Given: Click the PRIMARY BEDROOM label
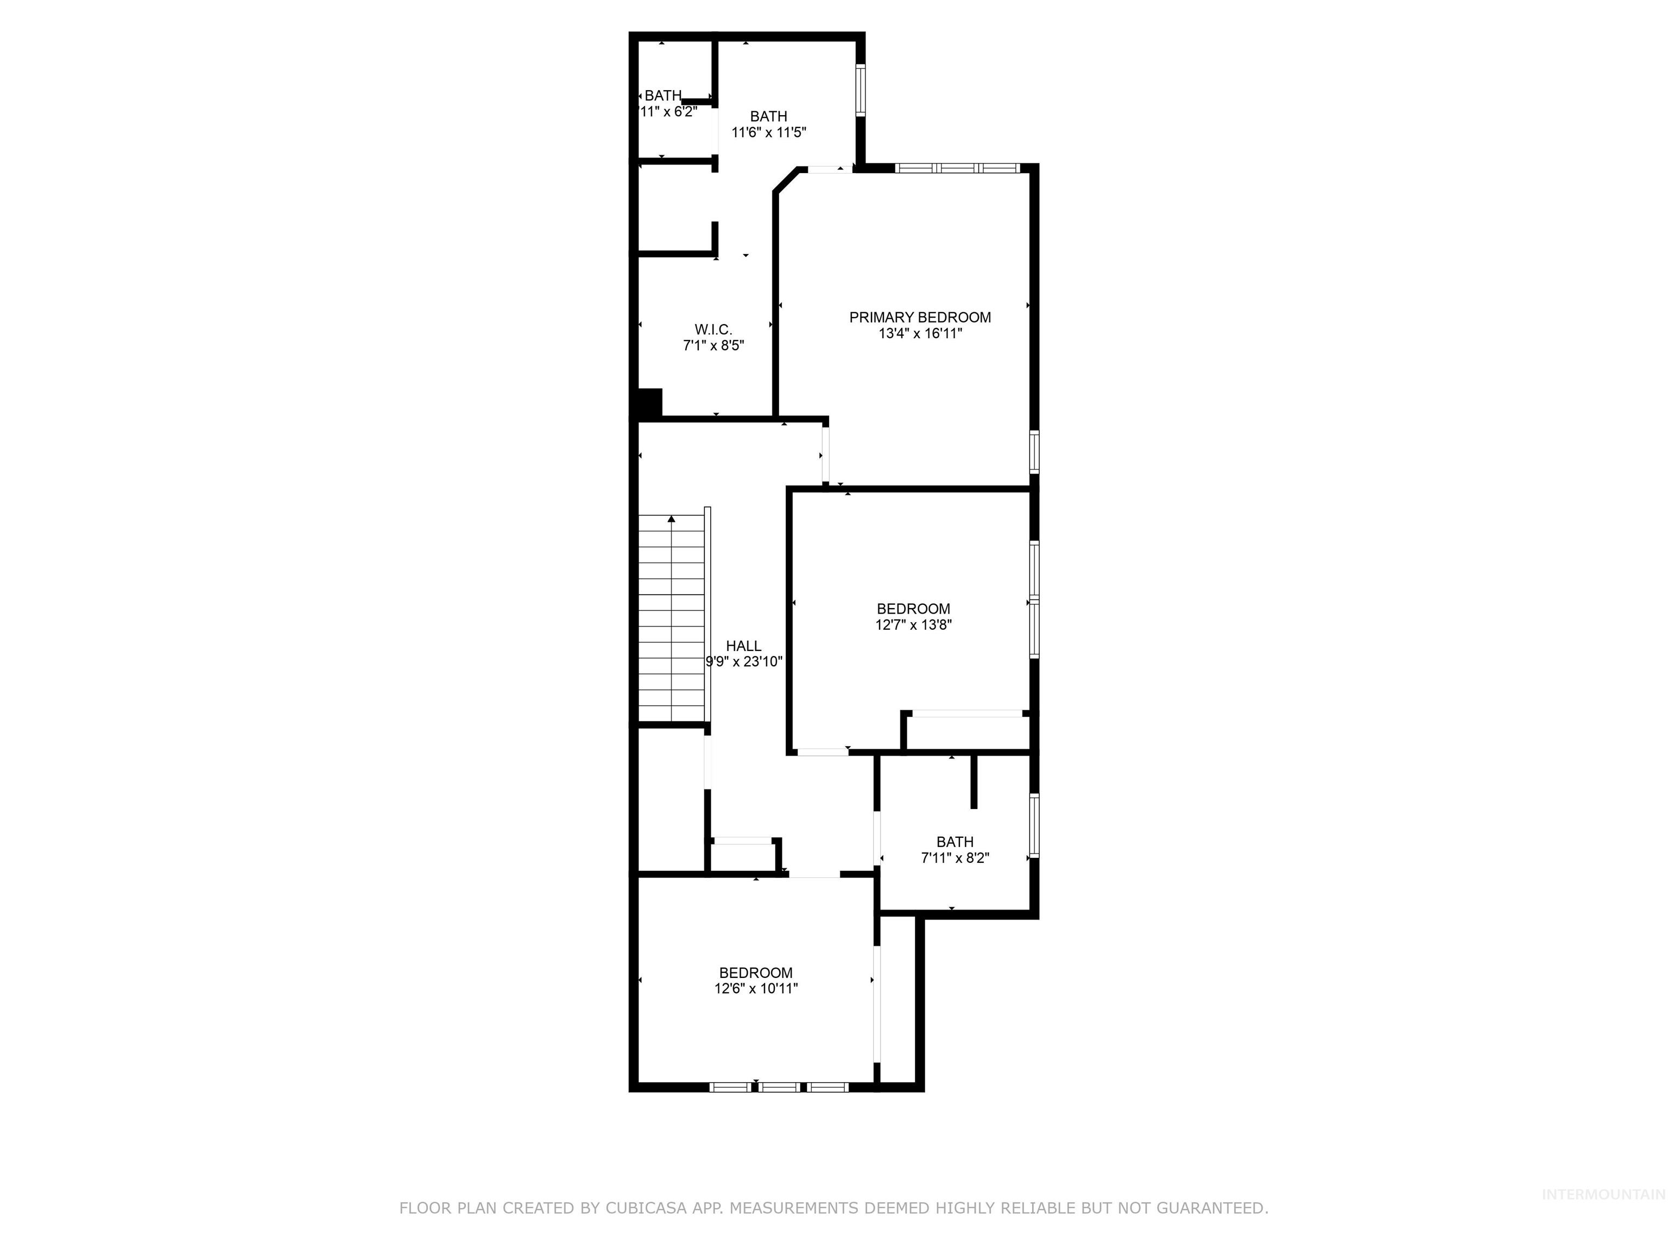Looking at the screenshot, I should [919, 318].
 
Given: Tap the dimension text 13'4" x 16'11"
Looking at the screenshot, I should [919, 334].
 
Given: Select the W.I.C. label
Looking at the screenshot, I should [712, 330].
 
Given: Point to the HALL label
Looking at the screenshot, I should [743, 646].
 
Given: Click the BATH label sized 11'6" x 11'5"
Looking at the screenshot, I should [768, 117].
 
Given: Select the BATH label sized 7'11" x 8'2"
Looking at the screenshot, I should [954, 842].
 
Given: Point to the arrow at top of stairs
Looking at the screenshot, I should [671, 519].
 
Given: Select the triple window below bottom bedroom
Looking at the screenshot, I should [779, 1086].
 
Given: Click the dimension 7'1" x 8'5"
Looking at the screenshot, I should [712, 346].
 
